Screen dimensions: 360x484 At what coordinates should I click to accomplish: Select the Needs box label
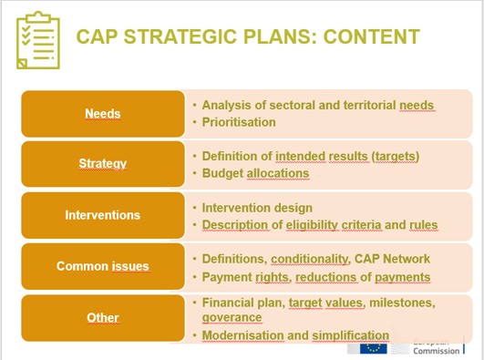pyautogui.click(x=102, y=114)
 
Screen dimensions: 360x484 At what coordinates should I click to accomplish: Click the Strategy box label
pyautogui.click(x=102, y=164)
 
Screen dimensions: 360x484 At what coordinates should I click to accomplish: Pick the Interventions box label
pyautogui.click(x=102, y=215)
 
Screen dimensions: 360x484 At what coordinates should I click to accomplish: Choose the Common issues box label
pyautogui.click(x=102, y=266)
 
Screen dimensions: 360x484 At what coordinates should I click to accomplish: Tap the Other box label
pyautogui.click(x=102, y=318)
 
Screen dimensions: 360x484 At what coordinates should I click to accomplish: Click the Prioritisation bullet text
pyautogui.click(x=238, y=122)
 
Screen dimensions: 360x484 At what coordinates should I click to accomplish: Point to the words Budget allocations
pyautogui.click(x=255, y=173)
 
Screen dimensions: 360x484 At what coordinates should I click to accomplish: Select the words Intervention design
pyautogui.click(x=256, y=208)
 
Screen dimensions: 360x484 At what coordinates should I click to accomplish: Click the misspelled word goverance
pyautogui.click(x=232, y=318)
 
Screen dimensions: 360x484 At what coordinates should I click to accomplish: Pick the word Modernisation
pyautogui.click(x=242, y=335)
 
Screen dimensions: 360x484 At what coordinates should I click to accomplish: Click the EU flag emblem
pyautogui.click(x=373, y=349)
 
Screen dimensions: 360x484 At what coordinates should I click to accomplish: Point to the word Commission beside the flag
pyautogui.click(x=436, y=352)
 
